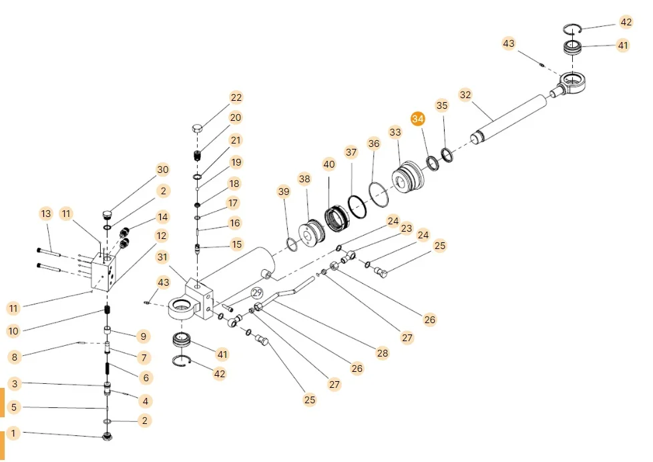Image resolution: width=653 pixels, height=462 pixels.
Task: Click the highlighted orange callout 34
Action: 418,119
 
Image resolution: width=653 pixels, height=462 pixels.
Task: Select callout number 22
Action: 236,97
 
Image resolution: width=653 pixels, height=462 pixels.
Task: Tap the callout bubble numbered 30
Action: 162,170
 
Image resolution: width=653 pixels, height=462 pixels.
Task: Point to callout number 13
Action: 45,214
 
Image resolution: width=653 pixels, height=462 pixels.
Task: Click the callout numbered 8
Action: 15,357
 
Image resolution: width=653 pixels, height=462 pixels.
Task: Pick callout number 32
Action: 465,95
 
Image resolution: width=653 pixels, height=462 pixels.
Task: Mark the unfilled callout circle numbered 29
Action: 257,292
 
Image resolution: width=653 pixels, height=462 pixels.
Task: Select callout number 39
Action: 284,192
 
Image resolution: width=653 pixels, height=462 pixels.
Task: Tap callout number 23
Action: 406,228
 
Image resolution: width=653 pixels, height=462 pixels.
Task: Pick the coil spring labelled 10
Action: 105,312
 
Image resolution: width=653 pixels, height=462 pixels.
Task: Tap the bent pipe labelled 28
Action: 287,294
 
